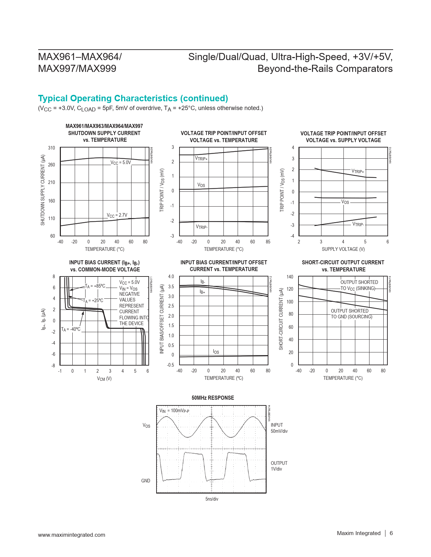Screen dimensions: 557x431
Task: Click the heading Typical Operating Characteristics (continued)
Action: pyautogui.click(x=133, y=98)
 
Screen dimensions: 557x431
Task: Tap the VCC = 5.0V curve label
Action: pyautogui.click(x=120, y=162)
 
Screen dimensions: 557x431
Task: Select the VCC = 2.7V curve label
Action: pyautogui.click(x=117, y=215)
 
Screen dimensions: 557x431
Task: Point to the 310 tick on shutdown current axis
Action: pyautogui.click(x=51, y=148)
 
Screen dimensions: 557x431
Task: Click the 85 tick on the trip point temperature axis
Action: pyautogui.click(x=268, y=242)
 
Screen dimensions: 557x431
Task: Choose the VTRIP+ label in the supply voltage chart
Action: pyautogui.click(x=358, y=171)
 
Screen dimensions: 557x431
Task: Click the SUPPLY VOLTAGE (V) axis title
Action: pyautogui.click(x=343, y=249)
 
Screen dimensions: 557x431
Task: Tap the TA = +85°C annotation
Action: pyautogui.click(x=95, y=286)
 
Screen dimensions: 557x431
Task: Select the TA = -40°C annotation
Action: pyautogui.click(x=71, y=329)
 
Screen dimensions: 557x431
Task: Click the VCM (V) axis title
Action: pyautogui.click(x=104, y=379)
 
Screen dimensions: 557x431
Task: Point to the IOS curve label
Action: pyautogui.click(x=216, y=352)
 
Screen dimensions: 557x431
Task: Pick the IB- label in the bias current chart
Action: pyautogui.click(x=203, y=282)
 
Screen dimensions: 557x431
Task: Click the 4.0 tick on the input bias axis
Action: pyautogui.click(x=171, y=276)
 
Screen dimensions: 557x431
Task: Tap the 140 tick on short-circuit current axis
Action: pyautogui.click(x=290, y=277)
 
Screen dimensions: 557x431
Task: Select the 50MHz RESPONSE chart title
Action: pyautogui.click(x=213, y=398)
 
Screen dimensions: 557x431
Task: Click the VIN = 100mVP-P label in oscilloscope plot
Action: pyautogui.click(x=174, y=411)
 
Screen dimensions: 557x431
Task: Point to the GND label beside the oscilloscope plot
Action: pyautogui.click(x=146, y=481)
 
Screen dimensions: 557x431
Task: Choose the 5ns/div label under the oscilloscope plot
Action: pyautogui.click(x=212, y=499)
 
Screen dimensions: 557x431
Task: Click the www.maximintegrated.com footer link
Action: pyautogui.click(x=72, y=535)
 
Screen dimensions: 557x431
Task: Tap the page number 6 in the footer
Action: pyautogui.click(x=391, y=533)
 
